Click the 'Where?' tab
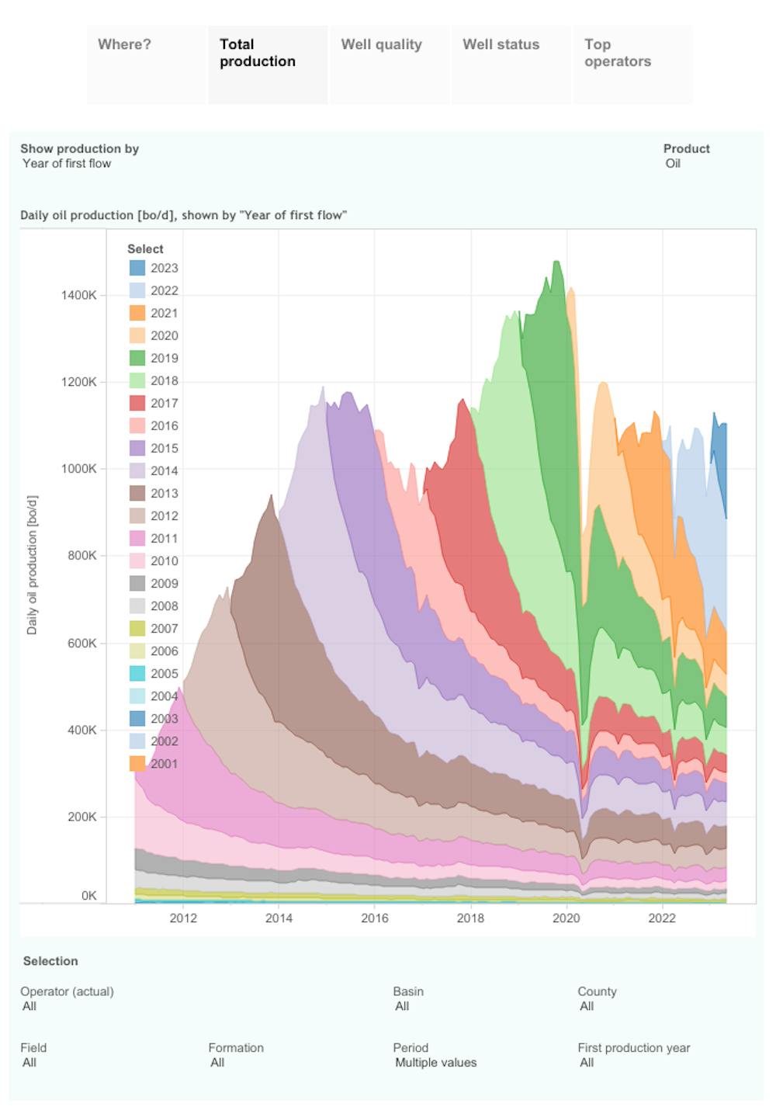pos(124,45)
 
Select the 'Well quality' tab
pos(381,45)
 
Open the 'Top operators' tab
pos(617,53)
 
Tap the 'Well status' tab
pos(501,45)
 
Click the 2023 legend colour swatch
pos(137,268)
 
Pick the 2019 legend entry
pos(164,358)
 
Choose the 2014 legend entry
pos(164,470)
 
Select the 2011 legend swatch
pos(137,538)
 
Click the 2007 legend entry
pos(164,628)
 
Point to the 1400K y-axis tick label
pos(79,295)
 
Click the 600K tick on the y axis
pos(82,643)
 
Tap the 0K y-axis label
pos(88,895)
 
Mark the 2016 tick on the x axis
pos(375,918)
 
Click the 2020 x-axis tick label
pos(566,918)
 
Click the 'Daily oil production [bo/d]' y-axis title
pos(32,565)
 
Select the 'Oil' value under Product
pos(673,164)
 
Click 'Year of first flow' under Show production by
pos(67,164)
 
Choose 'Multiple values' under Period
pos(435,1063)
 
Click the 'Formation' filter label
pos(236,1048)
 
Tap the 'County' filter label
pos(597,991)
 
